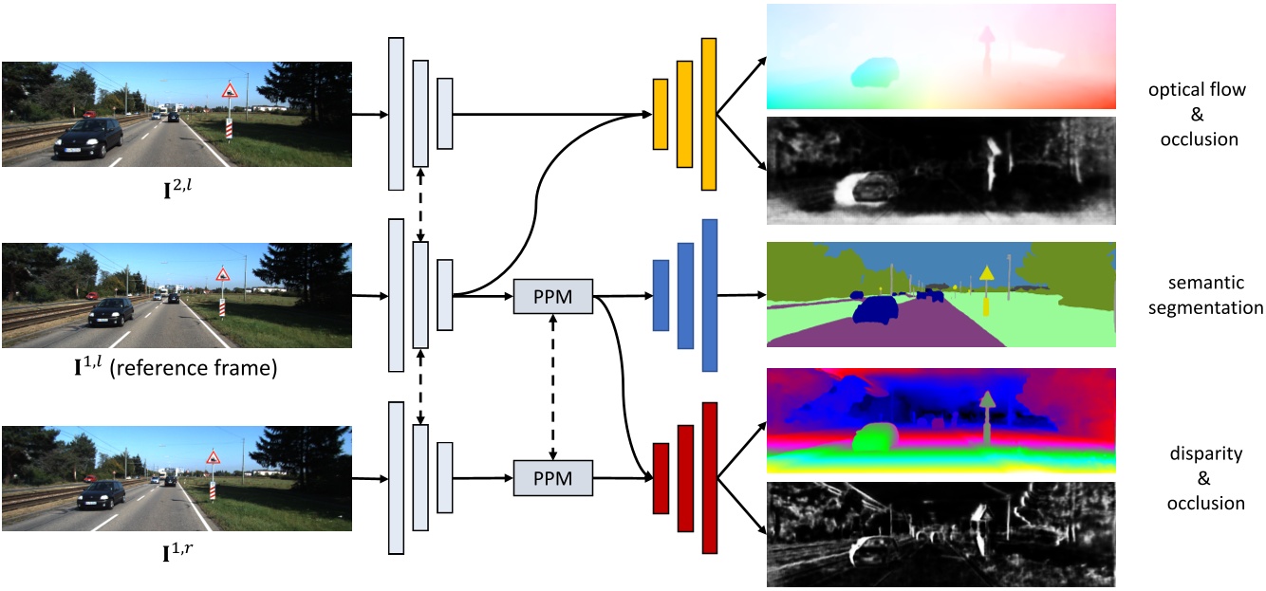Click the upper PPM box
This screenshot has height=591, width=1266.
pyautogui.click(x=552, y=296)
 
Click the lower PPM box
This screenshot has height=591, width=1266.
pyautogui.click(x=552, y=477)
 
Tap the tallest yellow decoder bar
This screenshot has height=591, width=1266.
pyautogui.click(x=708, y=114)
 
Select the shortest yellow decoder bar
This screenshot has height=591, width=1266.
pyautogui.click(x=661, y=114)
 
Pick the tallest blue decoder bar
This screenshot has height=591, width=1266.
pyautogui.click(x=708, y=295)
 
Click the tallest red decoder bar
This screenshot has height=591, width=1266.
pyautogui.click(x=708, y=477)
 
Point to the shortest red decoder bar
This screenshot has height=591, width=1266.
pyautogui.click(x=661, y=477)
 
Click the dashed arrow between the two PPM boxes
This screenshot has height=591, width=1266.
pyautogui.click(x=552, y=386)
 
